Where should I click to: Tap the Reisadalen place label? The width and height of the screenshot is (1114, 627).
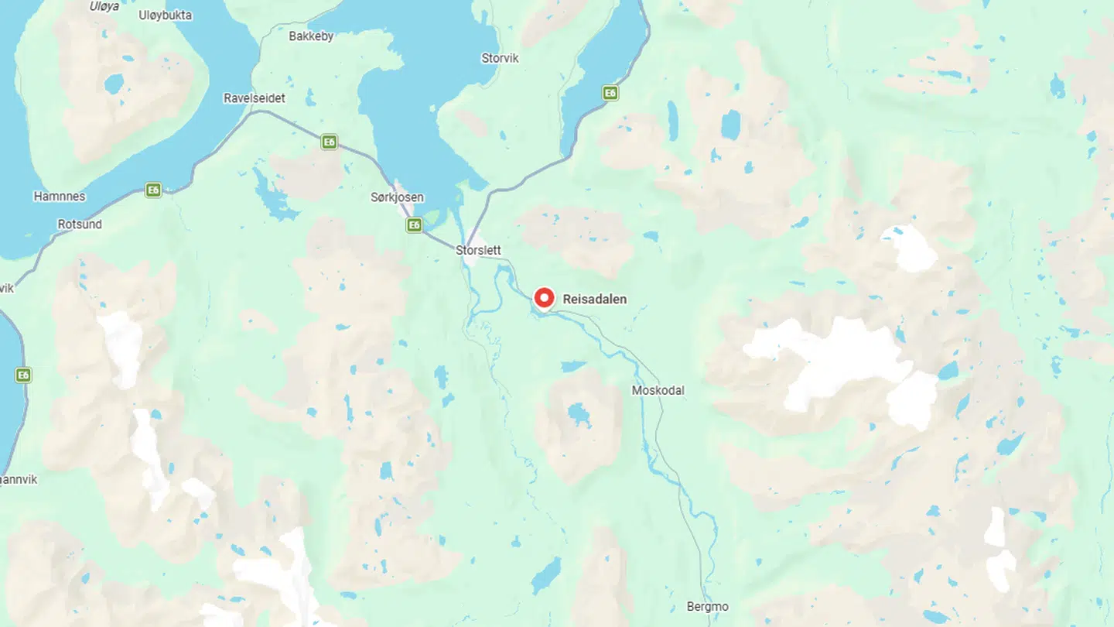coord(594,300)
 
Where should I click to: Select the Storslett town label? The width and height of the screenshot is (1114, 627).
coord(478,251)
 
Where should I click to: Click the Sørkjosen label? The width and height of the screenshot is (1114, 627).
coord(397,197)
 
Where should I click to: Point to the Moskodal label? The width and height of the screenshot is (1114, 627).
coord(658,391)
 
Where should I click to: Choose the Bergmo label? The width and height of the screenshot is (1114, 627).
coord(707,607)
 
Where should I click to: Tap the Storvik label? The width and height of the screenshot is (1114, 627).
coord(500,59)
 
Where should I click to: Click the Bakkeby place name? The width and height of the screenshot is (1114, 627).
coord(310,36)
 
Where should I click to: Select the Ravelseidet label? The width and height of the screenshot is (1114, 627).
coord(254,98)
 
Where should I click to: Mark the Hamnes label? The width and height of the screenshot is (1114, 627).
coord(60,197)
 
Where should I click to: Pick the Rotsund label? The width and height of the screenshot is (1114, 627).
coord(80,224)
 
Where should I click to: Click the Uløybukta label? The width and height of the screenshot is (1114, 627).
coord(165,15)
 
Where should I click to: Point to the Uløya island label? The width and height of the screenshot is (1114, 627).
coord(104,6)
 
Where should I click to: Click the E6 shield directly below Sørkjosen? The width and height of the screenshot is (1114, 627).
coord(415,225)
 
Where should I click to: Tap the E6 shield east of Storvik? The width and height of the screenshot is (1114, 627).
coord(610,93)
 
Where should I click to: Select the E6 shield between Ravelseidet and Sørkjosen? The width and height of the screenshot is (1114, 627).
coord(330,142)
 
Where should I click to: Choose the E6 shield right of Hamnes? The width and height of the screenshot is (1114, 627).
coord(153,190)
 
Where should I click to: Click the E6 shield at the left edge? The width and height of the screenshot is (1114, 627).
coord(23,375)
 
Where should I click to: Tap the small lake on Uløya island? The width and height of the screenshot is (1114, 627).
coord(114,84)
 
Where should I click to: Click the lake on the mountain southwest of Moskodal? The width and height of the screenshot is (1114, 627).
coord(578,414)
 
